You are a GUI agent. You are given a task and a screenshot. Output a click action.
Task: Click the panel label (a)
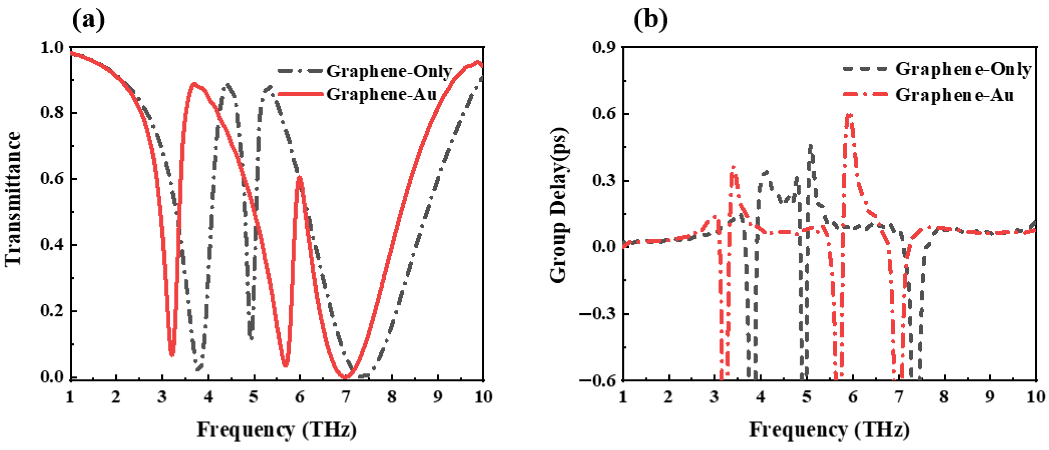click(x=88, y=20)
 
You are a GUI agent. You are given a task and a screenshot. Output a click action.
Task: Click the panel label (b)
click(x=651, y=20)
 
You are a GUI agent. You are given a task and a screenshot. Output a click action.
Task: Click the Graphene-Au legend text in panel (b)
click(x=954, y=95)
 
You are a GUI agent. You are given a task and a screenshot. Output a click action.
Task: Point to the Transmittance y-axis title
click(x=13, y=199)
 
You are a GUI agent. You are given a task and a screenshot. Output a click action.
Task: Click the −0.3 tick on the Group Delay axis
click(x=598, y=314)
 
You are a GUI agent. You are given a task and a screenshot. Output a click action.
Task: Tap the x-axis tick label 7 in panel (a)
click(x=346, y=396)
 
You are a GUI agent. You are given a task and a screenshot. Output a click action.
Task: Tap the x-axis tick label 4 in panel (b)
click(x=760, y=396)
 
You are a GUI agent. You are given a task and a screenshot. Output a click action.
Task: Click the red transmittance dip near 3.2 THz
click(x=172, y=354)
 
